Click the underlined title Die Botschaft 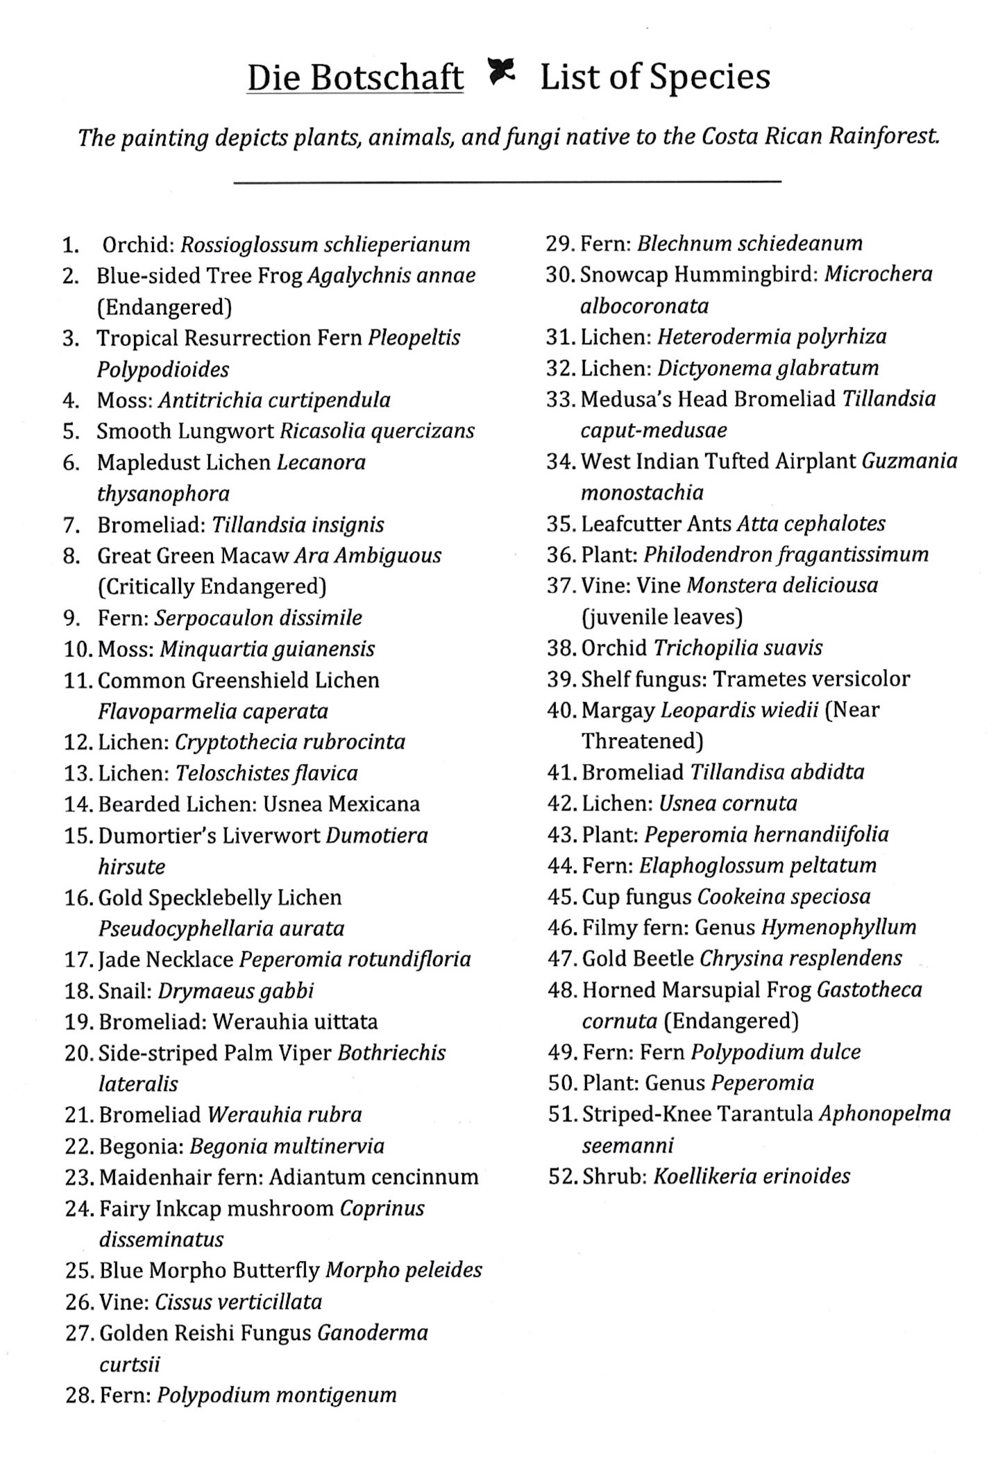(x=355, y=78)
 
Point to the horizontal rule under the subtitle (x=507, y=183)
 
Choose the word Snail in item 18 (x=125, y=991)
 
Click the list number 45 (x=561, y=897)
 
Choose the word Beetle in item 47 (x=666, y=958)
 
